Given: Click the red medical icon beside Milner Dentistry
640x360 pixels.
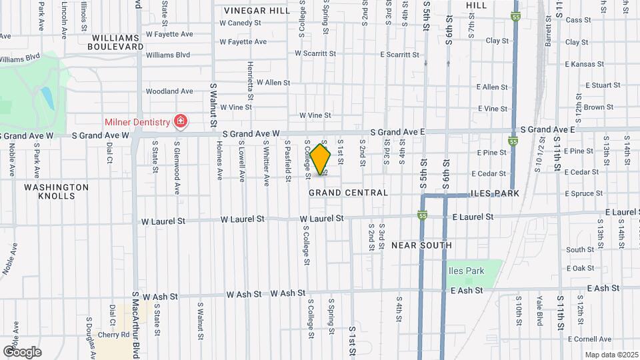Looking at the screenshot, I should click(180, 121).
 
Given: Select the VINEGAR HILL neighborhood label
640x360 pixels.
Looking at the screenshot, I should click(257, 11).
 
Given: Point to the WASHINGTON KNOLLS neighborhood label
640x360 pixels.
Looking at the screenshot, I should click(56, 193).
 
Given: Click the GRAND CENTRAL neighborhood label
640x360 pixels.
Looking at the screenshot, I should click(348, 193).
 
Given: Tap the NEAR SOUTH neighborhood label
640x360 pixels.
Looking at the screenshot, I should click(421, 245).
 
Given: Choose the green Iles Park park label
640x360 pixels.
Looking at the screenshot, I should click(465, 271).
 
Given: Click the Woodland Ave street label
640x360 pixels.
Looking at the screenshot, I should click(169, 91).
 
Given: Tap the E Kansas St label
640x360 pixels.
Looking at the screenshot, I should click(583, 65).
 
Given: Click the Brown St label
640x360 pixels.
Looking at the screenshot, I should click(598, 107).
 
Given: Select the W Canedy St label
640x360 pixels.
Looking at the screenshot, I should click(240, 23).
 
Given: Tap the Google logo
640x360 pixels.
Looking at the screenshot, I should click(22, 351).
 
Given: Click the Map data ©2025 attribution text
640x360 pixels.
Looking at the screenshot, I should click(611, 355).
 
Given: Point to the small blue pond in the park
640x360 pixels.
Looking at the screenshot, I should click(47, 98).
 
